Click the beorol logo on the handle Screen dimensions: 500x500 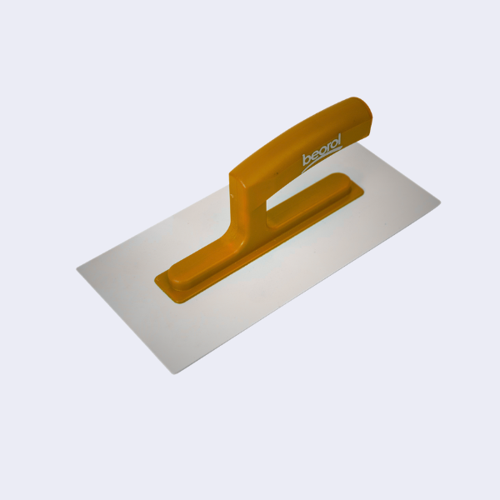tap(322, 153)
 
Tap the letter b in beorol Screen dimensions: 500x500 tap(306, 159)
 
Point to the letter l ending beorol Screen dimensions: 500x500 tap(339, 138)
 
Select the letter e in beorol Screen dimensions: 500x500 tap(314, 156)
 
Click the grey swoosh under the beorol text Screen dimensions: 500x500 tap(321, 161)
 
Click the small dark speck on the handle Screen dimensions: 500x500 tap(277, 174)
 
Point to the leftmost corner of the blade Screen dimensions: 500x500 tap(77, 269)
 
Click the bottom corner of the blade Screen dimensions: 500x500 tap(174, 373)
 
